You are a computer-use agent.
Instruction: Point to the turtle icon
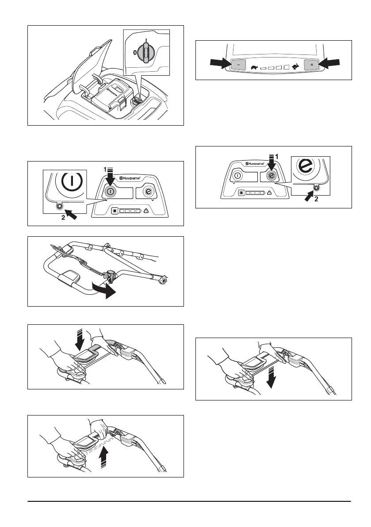point(255,68)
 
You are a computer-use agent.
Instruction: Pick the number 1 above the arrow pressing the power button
point(106,169)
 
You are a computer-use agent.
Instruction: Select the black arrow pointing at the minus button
point(220,64)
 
